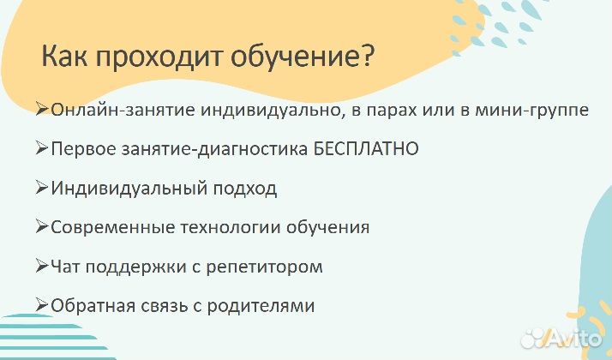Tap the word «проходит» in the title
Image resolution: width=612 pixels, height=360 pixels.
click(151, 59)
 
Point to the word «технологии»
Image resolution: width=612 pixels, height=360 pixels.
click(220, 228)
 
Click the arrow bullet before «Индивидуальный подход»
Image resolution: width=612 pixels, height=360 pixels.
click(42, 188)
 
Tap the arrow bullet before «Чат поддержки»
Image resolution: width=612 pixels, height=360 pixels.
click(42, 266)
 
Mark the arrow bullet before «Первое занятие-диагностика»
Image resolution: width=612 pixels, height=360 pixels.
click(42, 148)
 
